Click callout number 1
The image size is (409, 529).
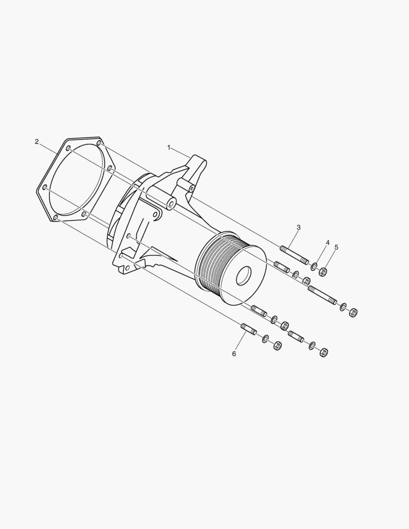pos(169,147)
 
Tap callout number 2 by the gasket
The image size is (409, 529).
pos(37,142)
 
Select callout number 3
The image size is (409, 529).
pos(298,227)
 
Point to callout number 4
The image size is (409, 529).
pos(328,242)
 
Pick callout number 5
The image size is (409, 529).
pos(337,247)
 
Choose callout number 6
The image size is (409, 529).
pos(234,353)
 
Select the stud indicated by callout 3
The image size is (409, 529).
pos(294,255)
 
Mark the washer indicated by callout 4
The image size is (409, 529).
pos(313,266)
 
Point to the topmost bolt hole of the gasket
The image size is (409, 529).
pos(99,143)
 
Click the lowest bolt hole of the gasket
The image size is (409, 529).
pos(55,217)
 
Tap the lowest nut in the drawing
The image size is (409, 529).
pos(323,352)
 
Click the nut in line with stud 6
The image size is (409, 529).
pos(276,345)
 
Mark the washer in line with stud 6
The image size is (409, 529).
pos(265,338)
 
